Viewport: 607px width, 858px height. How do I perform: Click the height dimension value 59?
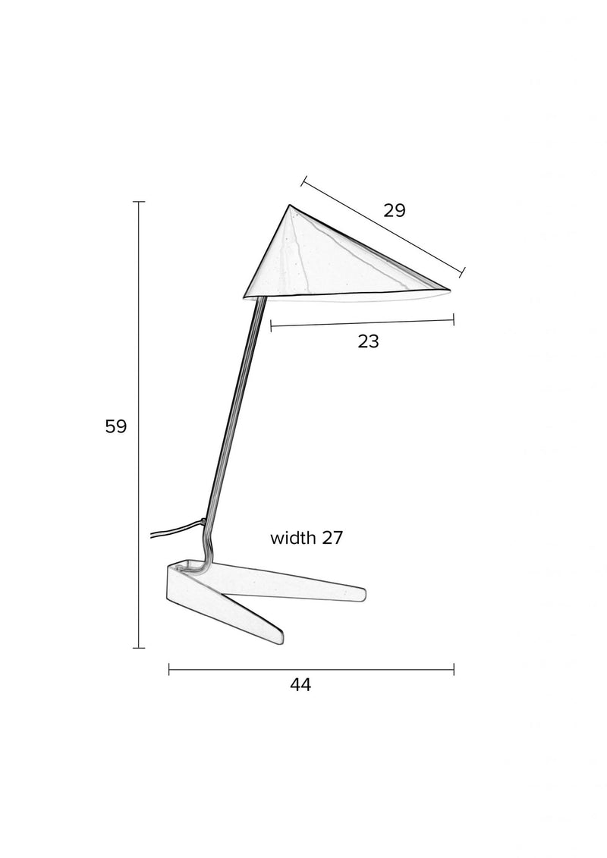pos(115,426)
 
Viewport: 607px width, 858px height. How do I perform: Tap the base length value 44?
pos(300,684)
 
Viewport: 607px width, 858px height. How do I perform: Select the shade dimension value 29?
pos(394,210)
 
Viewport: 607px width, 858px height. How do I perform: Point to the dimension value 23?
pos(368,341)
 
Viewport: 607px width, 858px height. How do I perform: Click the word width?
pos(294,538)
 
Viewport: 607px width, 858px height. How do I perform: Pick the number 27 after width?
pos(332,538)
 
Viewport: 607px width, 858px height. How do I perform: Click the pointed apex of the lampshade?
pos(290,205)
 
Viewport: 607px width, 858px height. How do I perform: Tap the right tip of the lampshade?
pos(449,289)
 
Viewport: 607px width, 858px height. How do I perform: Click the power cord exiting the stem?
pos(176,529)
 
